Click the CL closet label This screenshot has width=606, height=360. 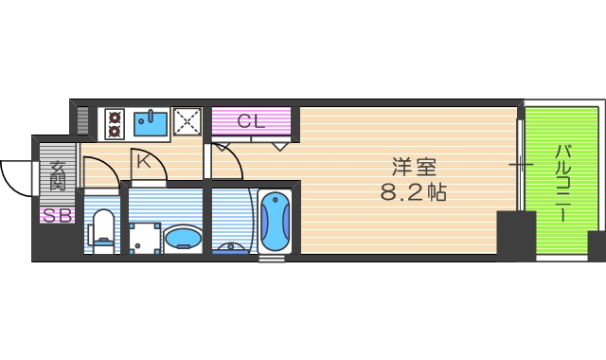pos(251,120)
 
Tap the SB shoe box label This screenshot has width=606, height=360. pos(56,215)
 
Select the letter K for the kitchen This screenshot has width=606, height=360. pos(143,161)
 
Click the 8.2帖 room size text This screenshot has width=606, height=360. pos(413,192)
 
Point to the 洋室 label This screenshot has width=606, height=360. pos(414,167)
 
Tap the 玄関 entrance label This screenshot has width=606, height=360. pos(57,177)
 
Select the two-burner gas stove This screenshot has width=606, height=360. pos(115,122)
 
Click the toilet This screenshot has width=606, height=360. pos(101,230)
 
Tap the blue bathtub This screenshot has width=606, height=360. pos(275,221)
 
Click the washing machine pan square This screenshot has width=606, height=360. pos(143,238)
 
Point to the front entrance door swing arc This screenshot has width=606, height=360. pos(15,178)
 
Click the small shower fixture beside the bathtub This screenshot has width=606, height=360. pos(232,249)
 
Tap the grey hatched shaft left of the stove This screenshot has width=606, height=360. pos(82,121)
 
